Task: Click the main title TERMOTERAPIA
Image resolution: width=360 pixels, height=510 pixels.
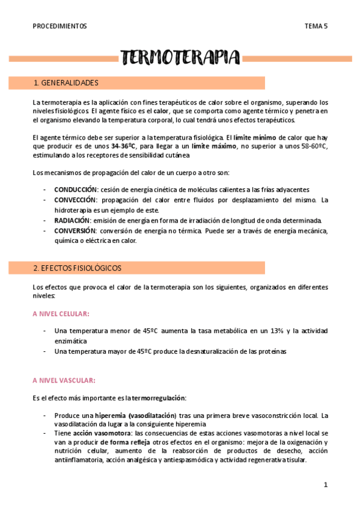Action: (x=180, y=58)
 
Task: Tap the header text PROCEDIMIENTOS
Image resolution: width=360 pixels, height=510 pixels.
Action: (x=60, y=26)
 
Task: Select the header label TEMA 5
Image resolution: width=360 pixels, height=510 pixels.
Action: (x=316, y=26)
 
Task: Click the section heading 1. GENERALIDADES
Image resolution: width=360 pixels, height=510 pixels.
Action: (x=67, y=83)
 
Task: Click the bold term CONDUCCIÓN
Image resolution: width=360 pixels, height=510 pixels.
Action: (x=75, y=189)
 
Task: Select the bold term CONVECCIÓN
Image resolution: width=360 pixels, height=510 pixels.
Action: (x=75, y=200)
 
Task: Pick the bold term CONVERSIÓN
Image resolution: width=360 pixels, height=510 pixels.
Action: (x=75, y=231)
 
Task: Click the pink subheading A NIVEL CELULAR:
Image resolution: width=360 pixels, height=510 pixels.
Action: (x=61, y=314)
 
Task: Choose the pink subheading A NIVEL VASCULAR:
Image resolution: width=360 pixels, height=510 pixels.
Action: (x=63, y=381)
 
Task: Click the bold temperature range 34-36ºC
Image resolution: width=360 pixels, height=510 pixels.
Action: (x=124, y=146)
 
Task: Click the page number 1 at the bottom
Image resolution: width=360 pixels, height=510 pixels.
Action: (x=325, y=485)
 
